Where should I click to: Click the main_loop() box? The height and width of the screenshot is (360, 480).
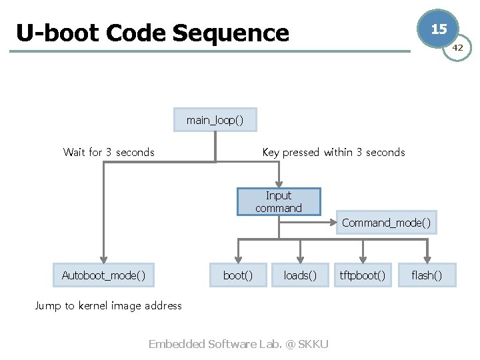click(215, 120)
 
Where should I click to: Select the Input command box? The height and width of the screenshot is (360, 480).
click(279, 201)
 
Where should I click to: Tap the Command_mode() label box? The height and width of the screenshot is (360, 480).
click(386, 223)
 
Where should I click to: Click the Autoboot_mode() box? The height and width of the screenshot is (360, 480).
click(103, 275)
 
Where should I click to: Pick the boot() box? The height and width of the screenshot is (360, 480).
click(238, 275)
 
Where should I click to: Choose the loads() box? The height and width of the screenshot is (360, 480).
click(300, 275)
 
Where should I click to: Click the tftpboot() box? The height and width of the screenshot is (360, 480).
click(363, 275)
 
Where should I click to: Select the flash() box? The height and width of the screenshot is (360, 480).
click(427, 275)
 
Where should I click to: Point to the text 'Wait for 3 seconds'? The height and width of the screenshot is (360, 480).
click(109, 152)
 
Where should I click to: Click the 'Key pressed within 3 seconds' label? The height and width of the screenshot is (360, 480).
click(333, 152)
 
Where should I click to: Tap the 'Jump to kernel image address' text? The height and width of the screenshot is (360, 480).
click(108, 305)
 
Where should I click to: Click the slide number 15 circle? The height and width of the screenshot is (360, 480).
click(438, 29)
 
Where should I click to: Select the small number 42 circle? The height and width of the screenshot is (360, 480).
click(457, 48)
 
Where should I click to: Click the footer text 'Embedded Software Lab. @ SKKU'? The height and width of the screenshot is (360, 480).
click(238, 344)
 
